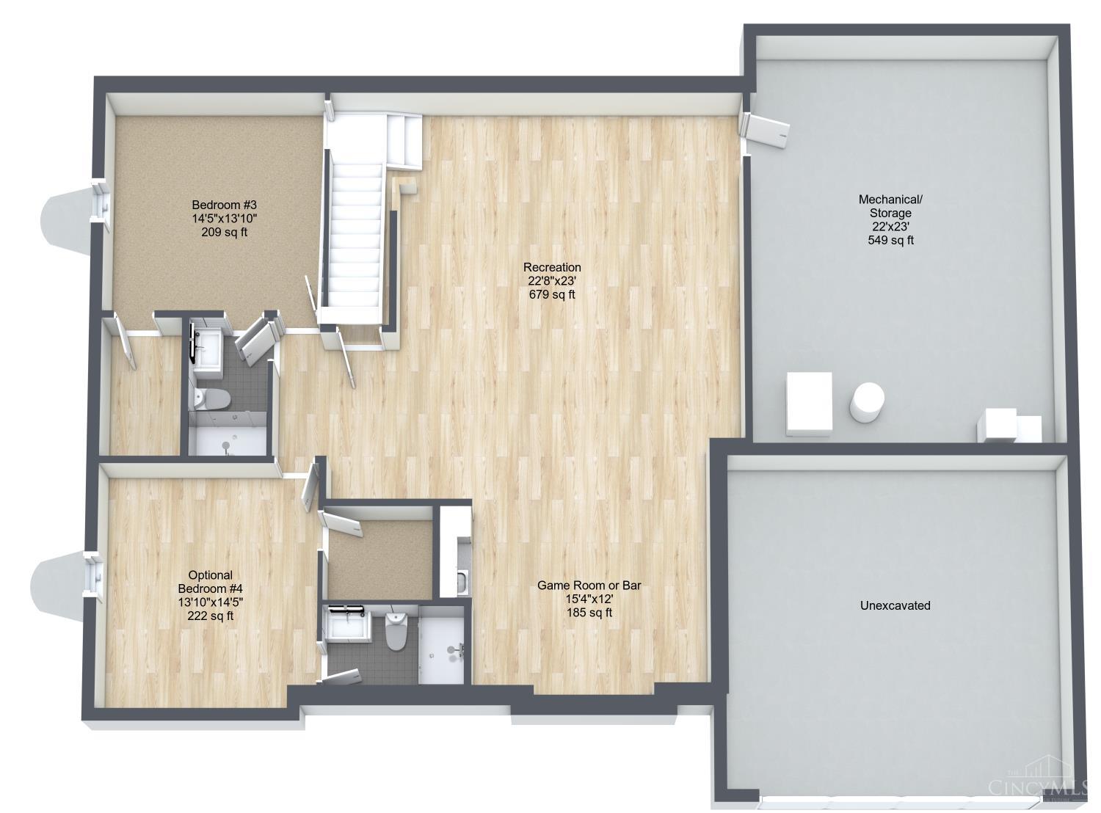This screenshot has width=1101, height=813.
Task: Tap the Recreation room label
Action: point(552,268)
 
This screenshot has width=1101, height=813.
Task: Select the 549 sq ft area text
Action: point(890,240)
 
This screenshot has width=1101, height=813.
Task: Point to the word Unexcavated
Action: point(895,605)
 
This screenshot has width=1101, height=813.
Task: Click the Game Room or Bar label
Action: point(589,586)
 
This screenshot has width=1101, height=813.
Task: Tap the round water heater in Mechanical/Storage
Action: point(867,401)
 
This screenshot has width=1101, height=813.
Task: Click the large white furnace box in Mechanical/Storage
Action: point(809,404)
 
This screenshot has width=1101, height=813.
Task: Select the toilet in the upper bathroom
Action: point(212,399)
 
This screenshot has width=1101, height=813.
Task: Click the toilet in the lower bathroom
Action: point(396,631)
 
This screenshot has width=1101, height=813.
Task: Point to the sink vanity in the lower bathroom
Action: point(350,627)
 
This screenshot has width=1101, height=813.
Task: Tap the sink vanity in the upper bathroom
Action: point(207,349)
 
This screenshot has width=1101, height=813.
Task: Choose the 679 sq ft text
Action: point(552,294)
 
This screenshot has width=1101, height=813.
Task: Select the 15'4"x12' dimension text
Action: point(589,599)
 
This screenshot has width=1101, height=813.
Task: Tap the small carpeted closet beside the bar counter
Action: point(379,560)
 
